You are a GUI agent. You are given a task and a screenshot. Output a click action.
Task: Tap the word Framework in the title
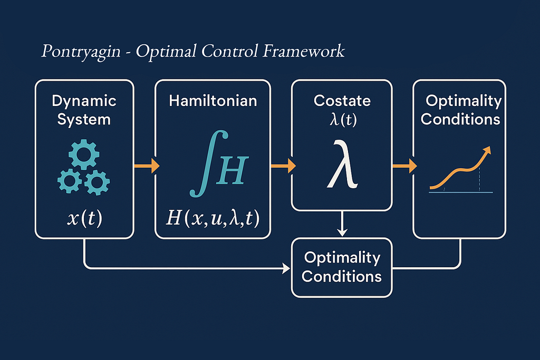[303, 51]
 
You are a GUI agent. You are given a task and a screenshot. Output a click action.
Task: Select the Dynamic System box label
[84, 110]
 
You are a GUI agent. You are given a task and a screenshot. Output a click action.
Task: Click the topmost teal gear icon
[84, 154]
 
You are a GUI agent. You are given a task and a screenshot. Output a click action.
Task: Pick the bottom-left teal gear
[70, 181]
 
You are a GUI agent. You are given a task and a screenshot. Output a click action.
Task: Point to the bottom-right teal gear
[97, 182]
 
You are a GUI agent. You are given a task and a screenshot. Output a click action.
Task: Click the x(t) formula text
[84, 218]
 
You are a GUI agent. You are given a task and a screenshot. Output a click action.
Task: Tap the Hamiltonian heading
[213, 101]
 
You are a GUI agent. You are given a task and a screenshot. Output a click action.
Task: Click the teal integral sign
[209, 163]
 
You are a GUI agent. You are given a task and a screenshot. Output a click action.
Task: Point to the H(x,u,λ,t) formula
[213, 218]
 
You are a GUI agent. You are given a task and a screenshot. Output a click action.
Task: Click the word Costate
[342, 101]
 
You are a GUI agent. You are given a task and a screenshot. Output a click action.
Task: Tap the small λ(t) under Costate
[343, 120]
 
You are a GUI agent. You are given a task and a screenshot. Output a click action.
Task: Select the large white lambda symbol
[342, 164]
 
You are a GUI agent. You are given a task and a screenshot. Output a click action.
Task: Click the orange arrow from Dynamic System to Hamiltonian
[147, 166]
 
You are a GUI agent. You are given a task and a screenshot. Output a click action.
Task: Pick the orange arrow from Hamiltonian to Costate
[283, 166]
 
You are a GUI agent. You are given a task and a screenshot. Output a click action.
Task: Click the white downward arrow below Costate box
[342, 223]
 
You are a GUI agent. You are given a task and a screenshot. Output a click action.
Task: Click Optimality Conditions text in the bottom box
[342, 267]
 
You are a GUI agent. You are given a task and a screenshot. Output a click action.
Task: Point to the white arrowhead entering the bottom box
[286, 268]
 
